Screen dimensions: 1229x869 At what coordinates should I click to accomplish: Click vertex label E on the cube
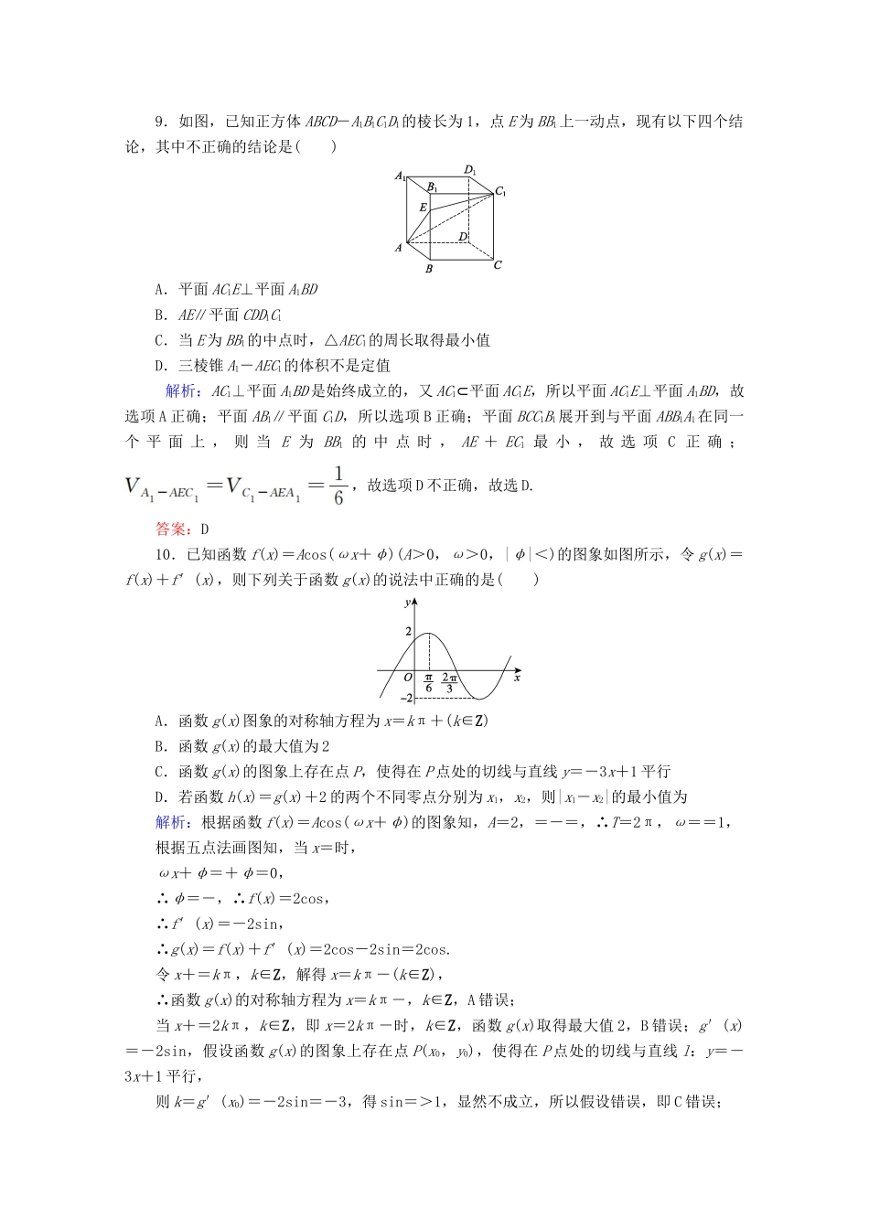pos(423,208)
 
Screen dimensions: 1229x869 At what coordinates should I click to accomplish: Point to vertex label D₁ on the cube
pos(470,169)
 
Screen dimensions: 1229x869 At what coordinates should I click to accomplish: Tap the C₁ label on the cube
pos(500,192)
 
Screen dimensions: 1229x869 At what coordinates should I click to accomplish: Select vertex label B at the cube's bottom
pos(428,269)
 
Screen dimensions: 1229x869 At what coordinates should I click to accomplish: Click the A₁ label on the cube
pos(401,176)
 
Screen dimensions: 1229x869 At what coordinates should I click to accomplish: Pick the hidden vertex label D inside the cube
pos(463,237)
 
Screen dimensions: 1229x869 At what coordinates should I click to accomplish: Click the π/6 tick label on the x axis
pos(428,683)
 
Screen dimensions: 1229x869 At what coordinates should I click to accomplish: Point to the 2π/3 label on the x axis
pos(449,683)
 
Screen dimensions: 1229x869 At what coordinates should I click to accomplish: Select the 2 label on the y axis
pos(409,632)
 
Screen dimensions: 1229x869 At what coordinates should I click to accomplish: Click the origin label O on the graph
pos(408,679)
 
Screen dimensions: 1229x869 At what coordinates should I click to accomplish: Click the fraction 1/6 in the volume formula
pos(338,486)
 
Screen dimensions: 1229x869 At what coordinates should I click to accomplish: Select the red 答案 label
pos(170,529)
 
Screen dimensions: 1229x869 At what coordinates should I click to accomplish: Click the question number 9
pos(160,122)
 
